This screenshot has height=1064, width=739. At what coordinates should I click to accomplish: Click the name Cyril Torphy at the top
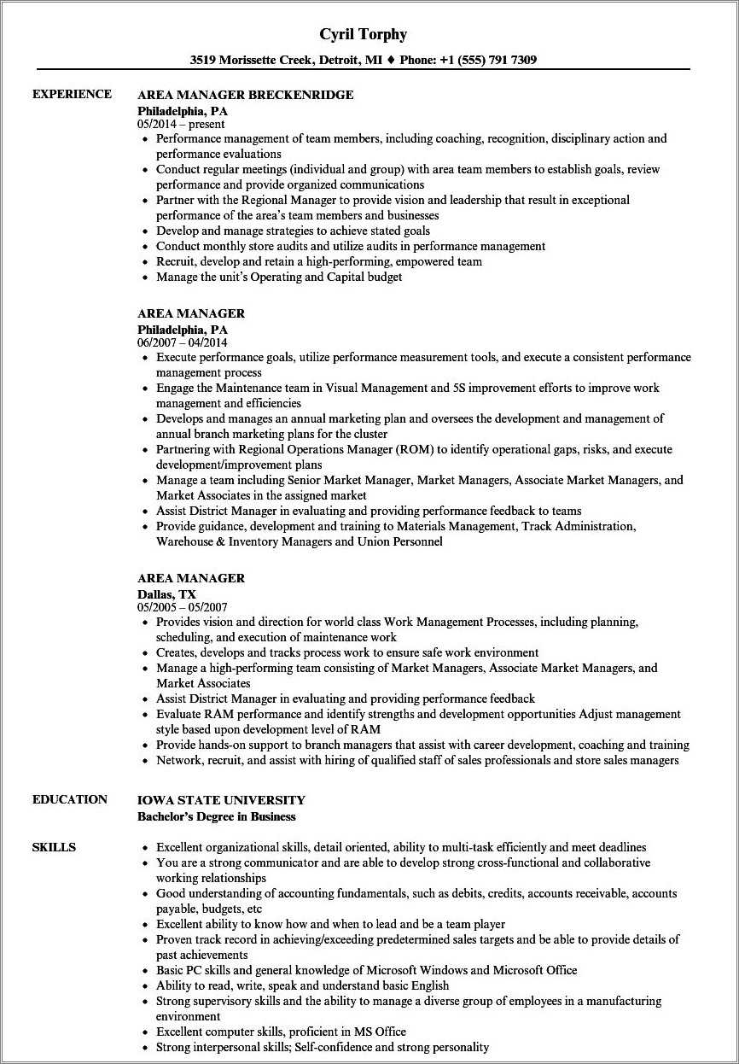pyautogui.click(x=363, y=34)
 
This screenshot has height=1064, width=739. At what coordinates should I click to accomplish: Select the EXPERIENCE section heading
pyautogui.click(x=72, y=94)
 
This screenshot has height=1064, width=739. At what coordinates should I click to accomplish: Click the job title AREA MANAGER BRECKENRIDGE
pyautogui.click(x=245, y=95)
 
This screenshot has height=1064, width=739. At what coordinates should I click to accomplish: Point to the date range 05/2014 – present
pyautogui.click(x=181, y=124)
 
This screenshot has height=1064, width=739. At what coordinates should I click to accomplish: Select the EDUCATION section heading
pyautogui.click(x=70, y=799)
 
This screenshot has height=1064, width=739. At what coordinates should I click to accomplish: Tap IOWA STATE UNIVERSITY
pyautogui.click(x=221, y=800)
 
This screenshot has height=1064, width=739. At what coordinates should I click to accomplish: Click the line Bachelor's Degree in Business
pyautogui.click(x=217, y=816)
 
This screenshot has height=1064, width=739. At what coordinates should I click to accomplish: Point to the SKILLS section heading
pyautogui.click(x=54, y=847)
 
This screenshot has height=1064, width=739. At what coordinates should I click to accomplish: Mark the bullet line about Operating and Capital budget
pyautogui.click(x=279, y=277)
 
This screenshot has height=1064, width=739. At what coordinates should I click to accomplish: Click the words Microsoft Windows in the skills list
pyautogui.click(x=416, y=970)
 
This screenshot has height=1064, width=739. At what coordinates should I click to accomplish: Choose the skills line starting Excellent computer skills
pyautogui.click(x=281, y=1032)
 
